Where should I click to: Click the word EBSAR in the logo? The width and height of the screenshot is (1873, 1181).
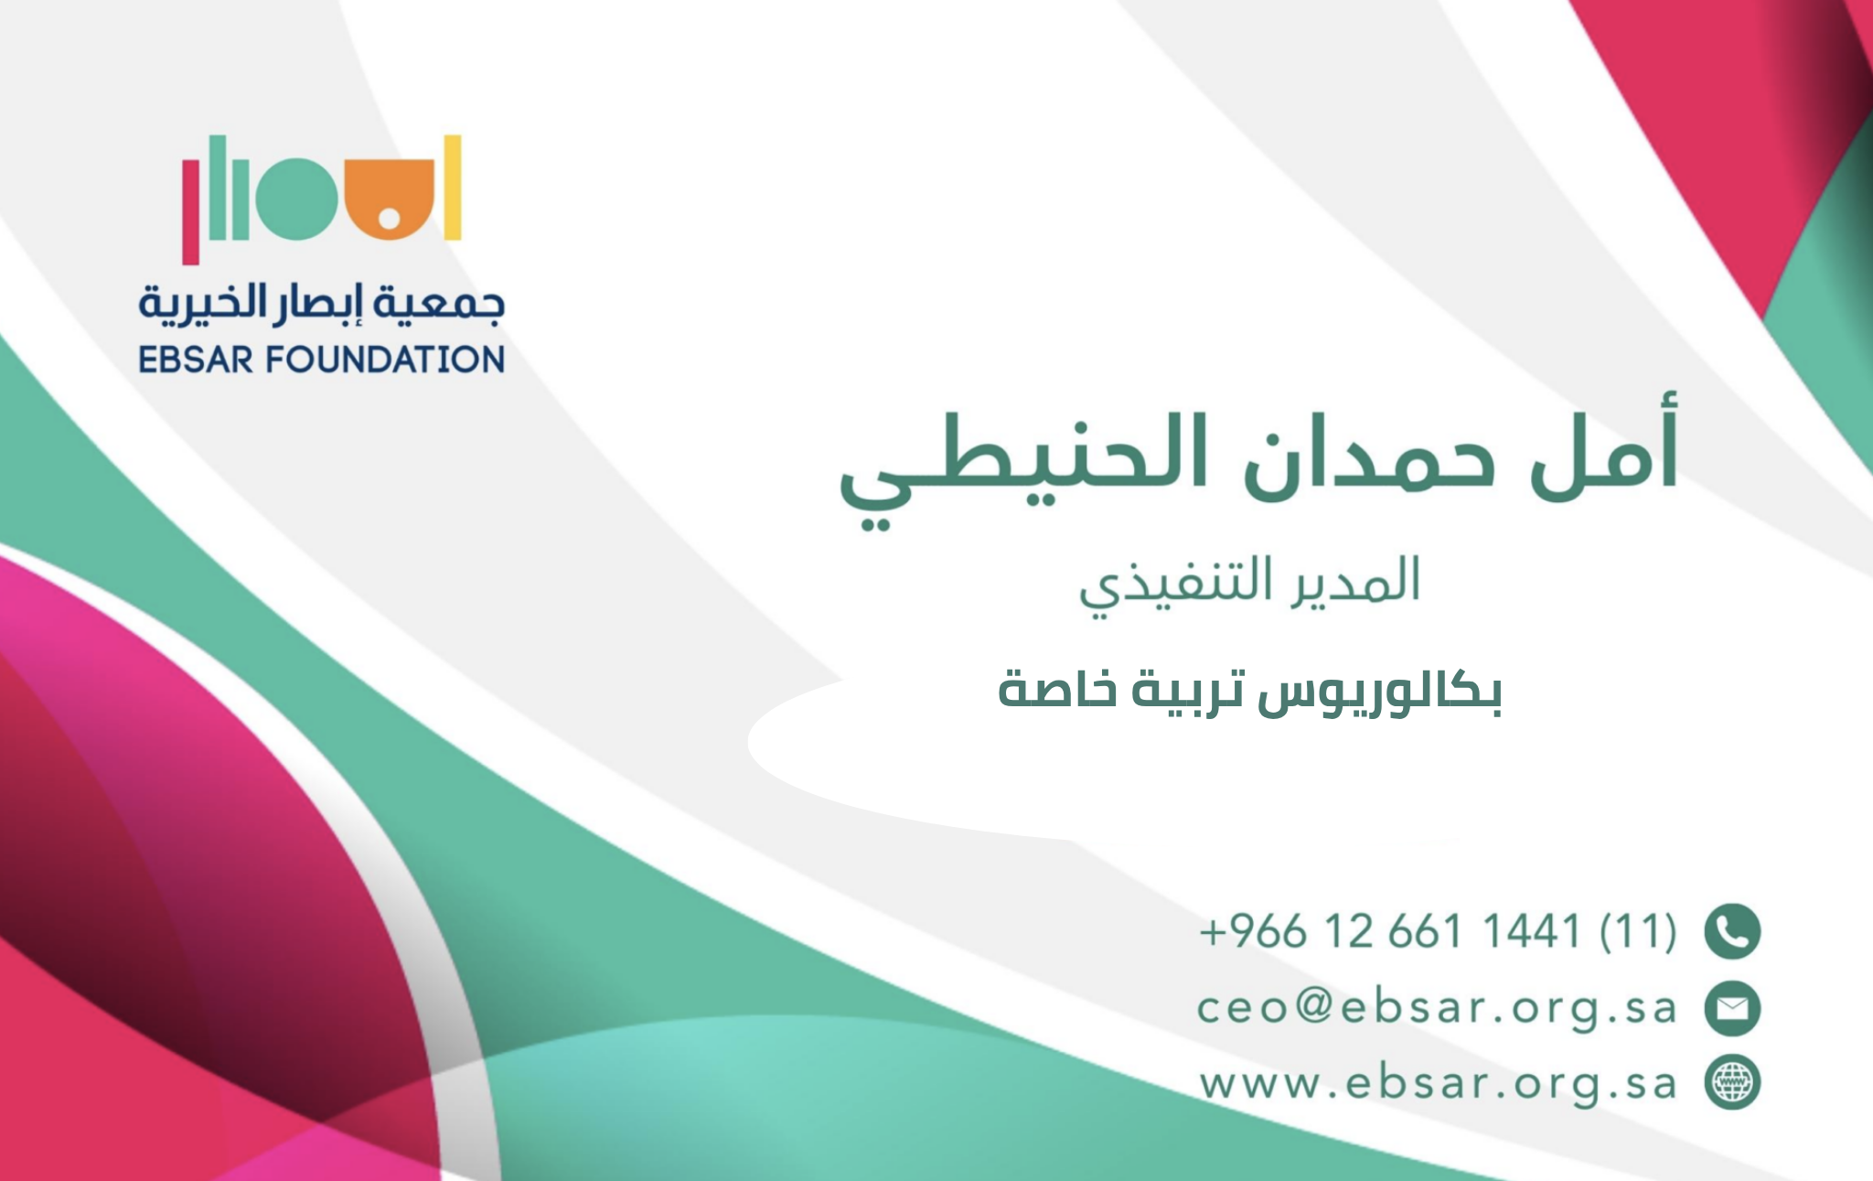pos(196,360)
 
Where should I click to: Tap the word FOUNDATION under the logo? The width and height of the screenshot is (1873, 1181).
pos(385,360)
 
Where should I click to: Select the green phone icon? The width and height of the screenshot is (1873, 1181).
pos(1732,931)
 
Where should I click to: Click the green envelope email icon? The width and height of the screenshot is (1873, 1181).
pos(1732,1008)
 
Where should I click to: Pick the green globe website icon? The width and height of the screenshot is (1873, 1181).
pos(1732,1082)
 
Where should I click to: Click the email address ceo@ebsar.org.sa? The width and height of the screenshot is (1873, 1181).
pos(1437,1008)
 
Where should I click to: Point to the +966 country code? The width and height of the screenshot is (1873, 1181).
pos(1253,931)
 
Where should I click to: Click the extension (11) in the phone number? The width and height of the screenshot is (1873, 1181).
pos(1638,931)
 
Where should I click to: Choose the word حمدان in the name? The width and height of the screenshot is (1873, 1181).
pos(1370,455)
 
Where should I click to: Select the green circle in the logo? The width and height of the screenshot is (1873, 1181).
pos(296,199)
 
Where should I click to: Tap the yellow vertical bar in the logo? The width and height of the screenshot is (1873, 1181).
pos(453,188)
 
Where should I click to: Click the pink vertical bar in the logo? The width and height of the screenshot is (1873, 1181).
pos(190,211)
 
